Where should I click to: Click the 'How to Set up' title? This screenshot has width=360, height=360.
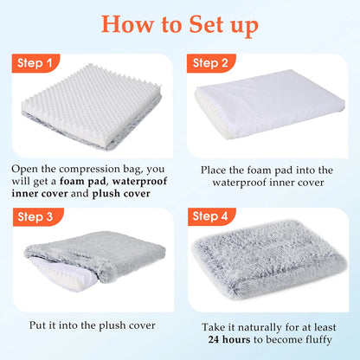(179, 25)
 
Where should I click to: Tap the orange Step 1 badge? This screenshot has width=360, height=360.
(35, 63)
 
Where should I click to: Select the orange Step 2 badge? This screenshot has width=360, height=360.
(211, 63)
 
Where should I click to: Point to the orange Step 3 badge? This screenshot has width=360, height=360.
(38, 217)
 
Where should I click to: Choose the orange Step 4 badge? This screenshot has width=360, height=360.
(212, 216)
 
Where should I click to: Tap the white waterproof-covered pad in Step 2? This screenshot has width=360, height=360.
(270, 104)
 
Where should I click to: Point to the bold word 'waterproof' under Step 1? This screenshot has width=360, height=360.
(139, 182)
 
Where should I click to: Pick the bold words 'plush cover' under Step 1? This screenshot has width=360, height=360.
(121, 194)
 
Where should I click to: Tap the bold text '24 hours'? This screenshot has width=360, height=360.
(229, 339)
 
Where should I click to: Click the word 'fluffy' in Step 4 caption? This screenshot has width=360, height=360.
(318, 339)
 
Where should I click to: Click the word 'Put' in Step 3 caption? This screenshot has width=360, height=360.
(37, 325)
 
